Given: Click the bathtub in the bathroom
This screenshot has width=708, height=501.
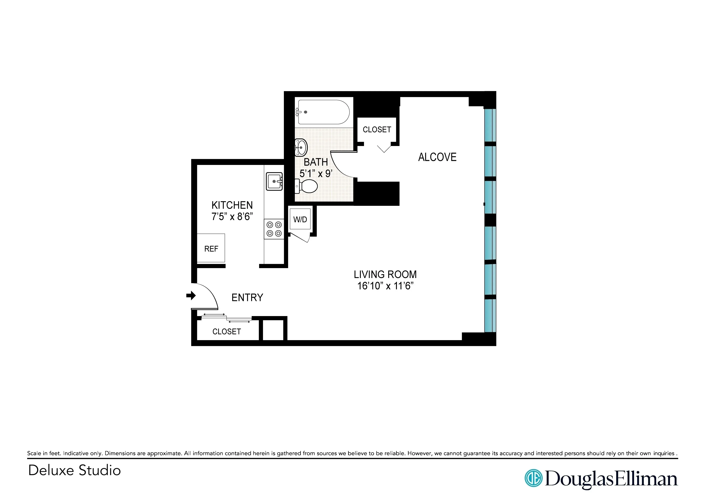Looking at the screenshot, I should pos(323,112).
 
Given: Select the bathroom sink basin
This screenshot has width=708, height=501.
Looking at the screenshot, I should pos(301,147).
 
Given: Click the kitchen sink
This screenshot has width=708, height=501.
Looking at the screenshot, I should pos(274,181).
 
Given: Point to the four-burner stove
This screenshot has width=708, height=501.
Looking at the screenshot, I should pos(274,229).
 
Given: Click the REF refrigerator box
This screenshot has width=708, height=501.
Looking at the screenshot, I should pos(211,248).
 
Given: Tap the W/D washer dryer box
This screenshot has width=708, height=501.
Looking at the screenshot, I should pos(300,219).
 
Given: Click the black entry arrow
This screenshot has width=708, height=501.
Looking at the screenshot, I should pos(191,296).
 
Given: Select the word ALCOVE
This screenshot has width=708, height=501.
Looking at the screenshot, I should pos(437,157).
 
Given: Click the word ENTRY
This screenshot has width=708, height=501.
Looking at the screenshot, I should pos(247,297).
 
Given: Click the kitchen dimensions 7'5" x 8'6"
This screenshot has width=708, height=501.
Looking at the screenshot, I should pos(232,217).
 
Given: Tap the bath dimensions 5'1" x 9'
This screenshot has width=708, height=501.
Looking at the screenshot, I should pos(316,174).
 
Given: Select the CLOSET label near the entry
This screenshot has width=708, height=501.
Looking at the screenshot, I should pos(226,332).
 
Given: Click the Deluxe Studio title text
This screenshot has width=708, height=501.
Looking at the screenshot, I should pos(74,470).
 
